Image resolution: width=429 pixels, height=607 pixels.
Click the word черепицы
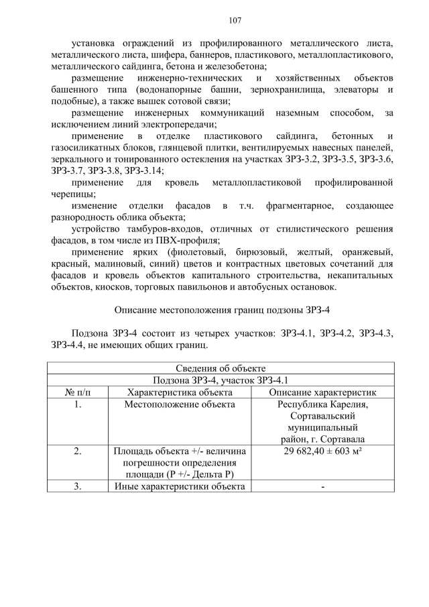coord(72,195)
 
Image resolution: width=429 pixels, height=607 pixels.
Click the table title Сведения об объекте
coord(221,368)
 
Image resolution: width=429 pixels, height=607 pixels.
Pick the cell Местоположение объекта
coord(179,404)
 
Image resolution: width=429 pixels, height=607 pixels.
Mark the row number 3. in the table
coord(78,487)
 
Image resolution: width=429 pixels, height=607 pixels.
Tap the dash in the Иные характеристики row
coord(322,487)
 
